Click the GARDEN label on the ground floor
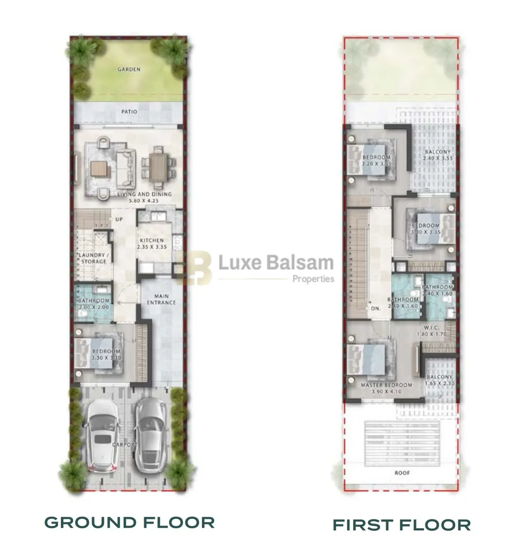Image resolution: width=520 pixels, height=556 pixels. pyautogui.click(x=128, y=69)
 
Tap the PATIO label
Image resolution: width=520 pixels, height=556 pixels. pyautogui.click(x=128, y=111)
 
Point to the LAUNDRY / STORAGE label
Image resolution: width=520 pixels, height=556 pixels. pyautogui.click(x=93, y=258)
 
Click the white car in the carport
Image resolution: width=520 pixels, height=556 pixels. pyautogui.click(x=102, y=435)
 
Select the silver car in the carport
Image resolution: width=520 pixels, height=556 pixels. pyautogui.click(x=150, y=435)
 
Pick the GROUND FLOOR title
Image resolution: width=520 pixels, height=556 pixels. pyautogui.click(x=129, y=523)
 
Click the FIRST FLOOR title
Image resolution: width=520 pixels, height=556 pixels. pyautogui.click(x=401, y=525)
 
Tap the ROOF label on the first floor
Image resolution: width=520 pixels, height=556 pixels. pyautogui.click(x=402, y=473)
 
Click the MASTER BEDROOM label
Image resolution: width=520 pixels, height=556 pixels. pyautogui.click(x=386, y=385)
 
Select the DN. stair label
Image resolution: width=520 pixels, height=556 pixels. pyautogui.click(x=376, y=308)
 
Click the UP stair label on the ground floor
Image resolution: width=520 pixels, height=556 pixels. pyautogui.click(x=118, y=219)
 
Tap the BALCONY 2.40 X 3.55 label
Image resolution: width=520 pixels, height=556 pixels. pyautogui.click(x=437, y=155)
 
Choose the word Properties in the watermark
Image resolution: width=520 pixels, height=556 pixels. pyautogui.click(x=313, y=279)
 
